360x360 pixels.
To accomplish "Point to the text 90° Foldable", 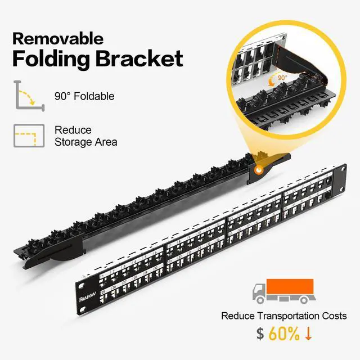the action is point(84,96).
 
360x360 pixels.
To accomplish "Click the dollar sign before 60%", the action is point(260,334).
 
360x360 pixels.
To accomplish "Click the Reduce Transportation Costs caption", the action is point(283,316).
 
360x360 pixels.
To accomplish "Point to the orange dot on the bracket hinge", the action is point(259,169).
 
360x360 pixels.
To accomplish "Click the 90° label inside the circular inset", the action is point(281,77).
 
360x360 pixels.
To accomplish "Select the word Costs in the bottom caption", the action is point(334,316).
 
